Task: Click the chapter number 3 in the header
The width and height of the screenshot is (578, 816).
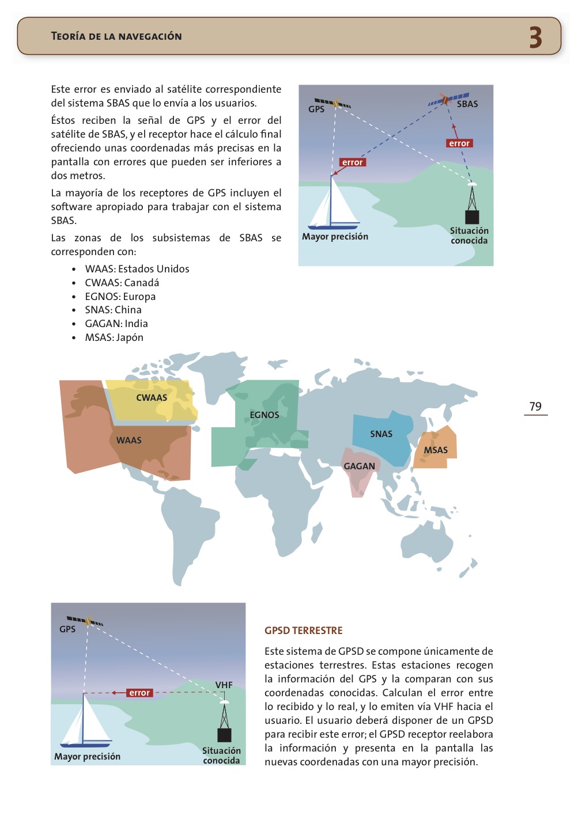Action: click(535, 37)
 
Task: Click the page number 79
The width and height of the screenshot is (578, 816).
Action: click(535, 407)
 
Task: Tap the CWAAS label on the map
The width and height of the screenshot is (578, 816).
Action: click(152, 398)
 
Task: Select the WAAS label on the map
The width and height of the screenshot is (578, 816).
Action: click(129, 441)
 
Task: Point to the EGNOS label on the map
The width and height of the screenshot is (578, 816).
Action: click(265, 415)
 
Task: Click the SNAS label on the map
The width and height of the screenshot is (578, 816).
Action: click(381, 434)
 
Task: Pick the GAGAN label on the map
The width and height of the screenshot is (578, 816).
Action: click(359, 466)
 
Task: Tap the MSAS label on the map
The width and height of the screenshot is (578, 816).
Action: click(436, 450)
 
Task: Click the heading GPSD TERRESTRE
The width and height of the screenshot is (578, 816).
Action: click(304, 631)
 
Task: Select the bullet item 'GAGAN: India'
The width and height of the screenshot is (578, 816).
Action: click(116, 324)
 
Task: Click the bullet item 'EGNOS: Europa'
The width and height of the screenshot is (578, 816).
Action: click(120, 297)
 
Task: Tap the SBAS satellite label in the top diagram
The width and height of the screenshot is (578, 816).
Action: click(467, 104)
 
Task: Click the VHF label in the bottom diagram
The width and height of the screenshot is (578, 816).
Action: click(224, 685)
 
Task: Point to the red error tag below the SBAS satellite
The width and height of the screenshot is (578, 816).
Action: click(459, 143)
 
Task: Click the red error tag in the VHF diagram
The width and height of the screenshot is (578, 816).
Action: click(139, 693)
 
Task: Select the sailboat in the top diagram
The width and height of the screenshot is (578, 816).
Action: click(334, 207)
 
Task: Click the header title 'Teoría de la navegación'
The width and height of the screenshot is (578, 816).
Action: click(116, 36)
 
